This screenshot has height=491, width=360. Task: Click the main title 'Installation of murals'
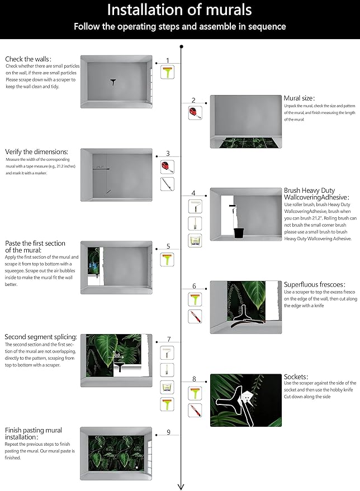(x=179, y=10)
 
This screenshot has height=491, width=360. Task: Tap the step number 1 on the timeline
(x=167, y=60)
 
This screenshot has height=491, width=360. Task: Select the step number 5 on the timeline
(x=168, y=246)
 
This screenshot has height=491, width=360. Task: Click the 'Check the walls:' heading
(x=28, y=59)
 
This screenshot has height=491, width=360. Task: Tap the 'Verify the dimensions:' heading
(x=36, y=151)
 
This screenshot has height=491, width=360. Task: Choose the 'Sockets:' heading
(x=296, y=376)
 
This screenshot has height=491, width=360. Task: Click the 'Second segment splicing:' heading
(x=40, y=337)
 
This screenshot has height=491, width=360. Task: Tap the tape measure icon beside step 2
(x=194, y=113)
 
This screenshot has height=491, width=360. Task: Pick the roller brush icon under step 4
(x=194, y=206)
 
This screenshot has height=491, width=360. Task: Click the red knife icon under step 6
(x=194, y=317)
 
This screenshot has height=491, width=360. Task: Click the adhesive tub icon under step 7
(x=167, y=386)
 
